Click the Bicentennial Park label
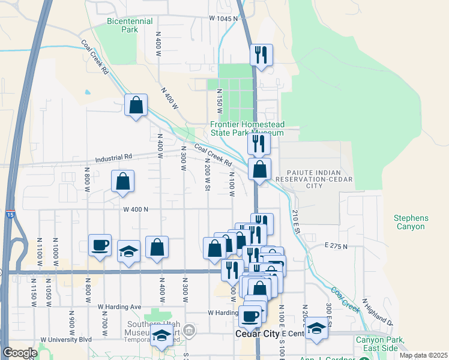[x=122, y=25]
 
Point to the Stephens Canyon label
[x=410, y=222]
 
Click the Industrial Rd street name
[x=113, y=158]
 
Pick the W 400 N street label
[x=136, y=209]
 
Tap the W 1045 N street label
[x=223, y=19]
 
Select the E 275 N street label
[x=337, y=245]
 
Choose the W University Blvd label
[x=66, y=339]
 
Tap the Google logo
[x=20, y=353]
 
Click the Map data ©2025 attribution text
[x=423, y=355]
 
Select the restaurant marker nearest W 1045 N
[x=261, y=55]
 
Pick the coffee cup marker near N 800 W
[x=100, y=245]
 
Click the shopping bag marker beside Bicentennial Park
[x=136, y=105]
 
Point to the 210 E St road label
[x=295, y=221]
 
